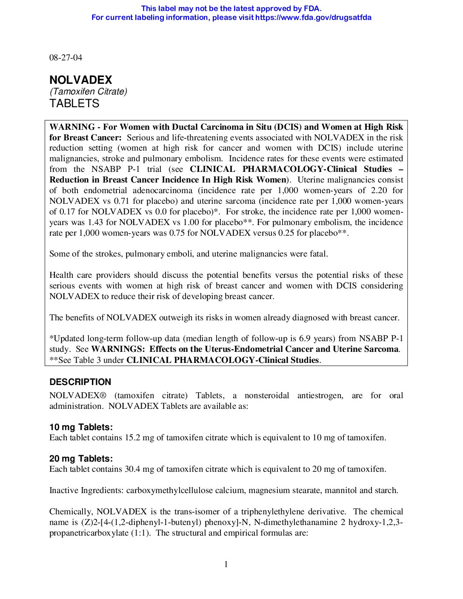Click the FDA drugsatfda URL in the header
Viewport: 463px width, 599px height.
click(x=313, y=17)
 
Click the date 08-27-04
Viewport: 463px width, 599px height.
click(x=66, y=57)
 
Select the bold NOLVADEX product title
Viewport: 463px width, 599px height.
click(x=81, y=80)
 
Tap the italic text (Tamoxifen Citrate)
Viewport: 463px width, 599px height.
click(x=88, y=91)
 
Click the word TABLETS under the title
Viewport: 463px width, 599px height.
click(x=74, y=103)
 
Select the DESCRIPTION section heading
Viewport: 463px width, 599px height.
click(x=80, y=382)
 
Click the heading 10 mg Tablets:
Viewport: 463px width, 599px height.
click(x=81, y=427)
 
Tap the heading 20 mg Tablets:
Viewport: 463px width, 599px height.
click(x=81, y=459)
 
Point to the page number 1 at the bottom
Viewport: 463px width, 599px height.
click(x=226, y=564)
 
